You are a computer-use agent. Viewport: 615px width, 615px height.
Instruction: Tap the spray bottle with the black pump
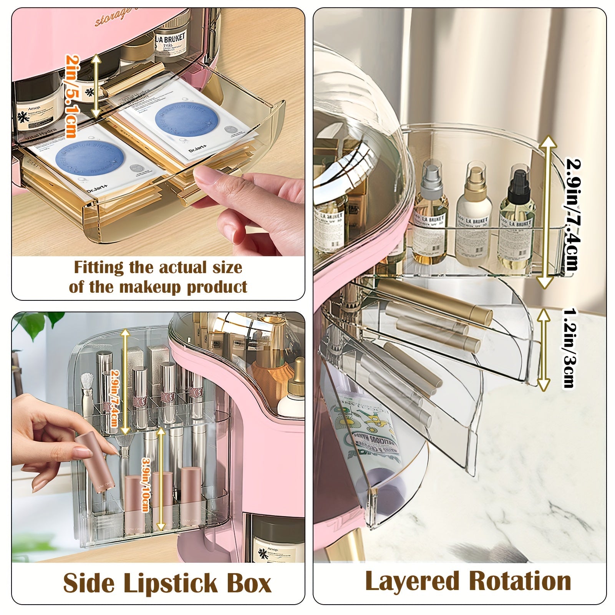(x=517, y=215)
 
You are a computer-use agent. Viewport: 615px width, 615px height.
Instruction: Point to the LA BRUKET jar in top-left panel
(x=170, y=44)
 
